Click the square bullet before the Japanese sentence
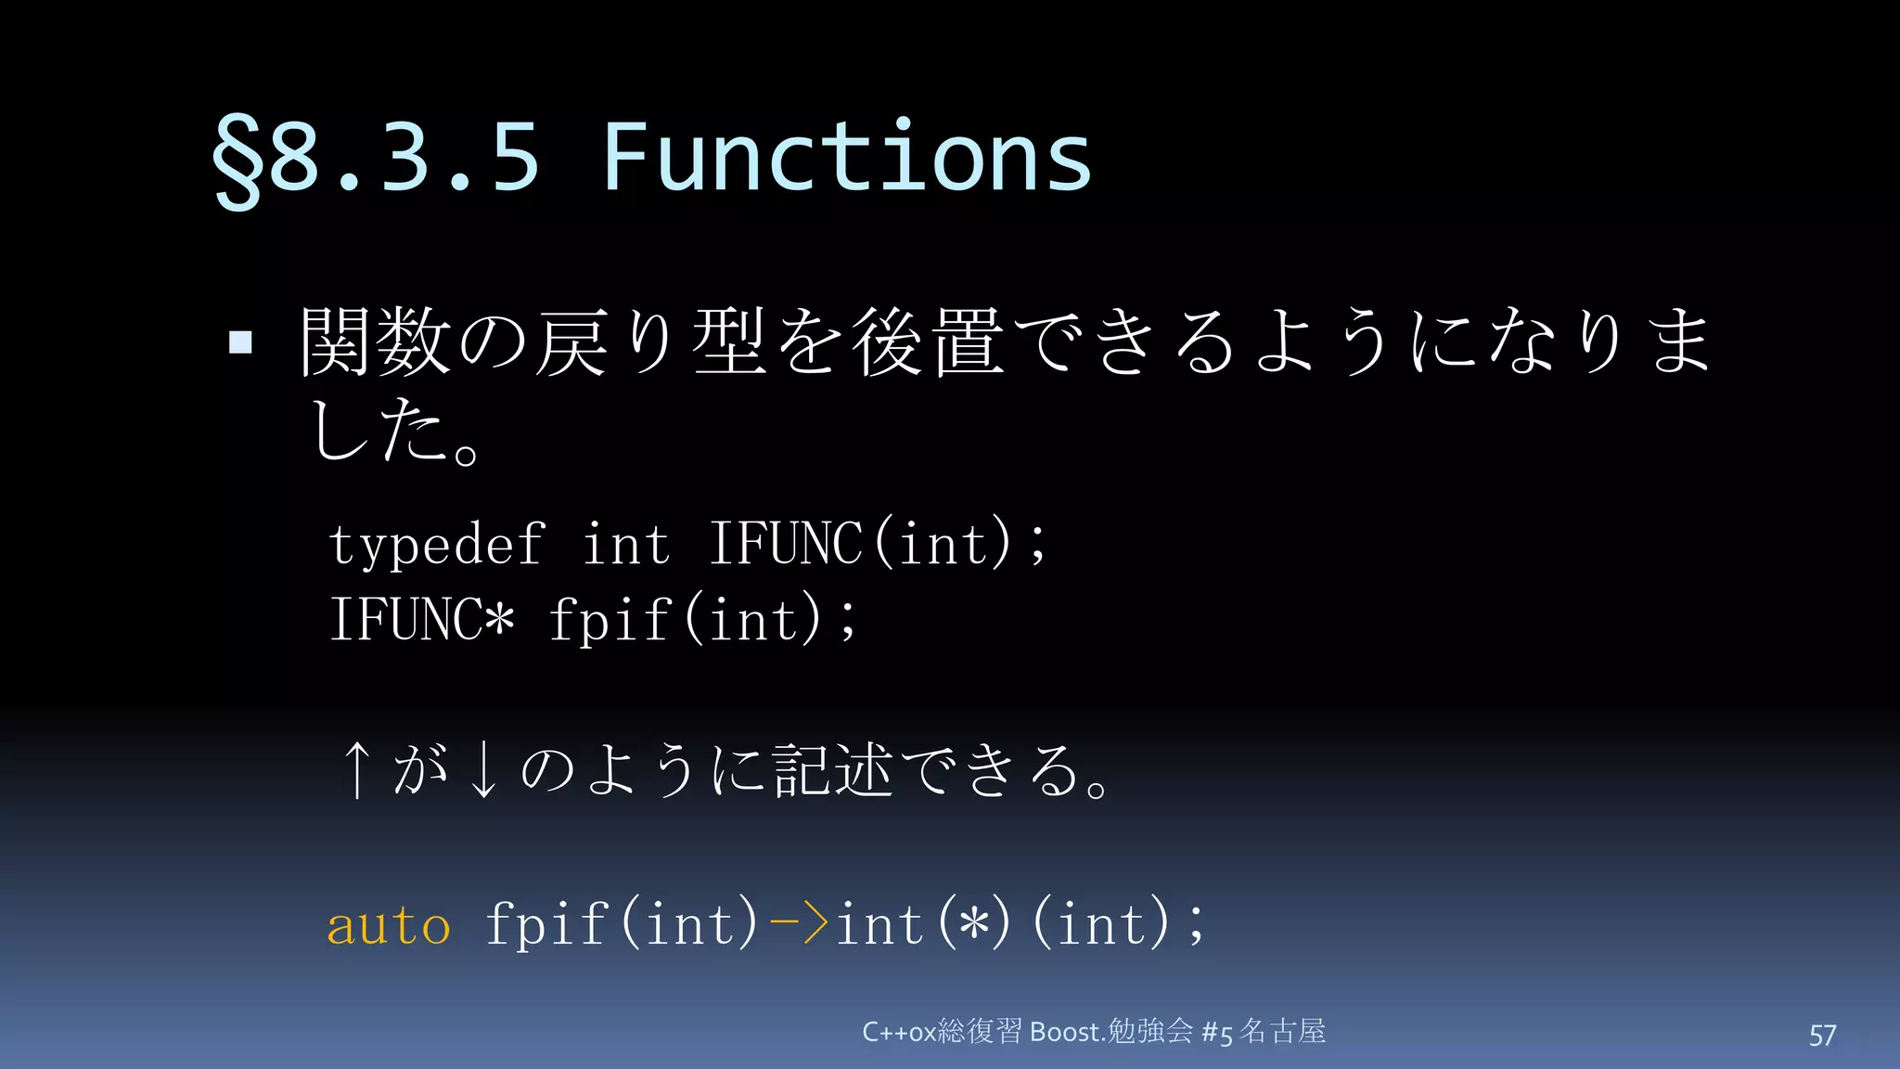[x=240, y=342]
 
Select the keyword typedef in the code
[x=436, y=546]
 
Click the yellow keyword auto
[x=389, y=925]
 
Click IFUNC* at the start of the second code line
[x=422, y=619]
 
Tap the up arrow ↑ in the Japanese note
[x=356, y=770]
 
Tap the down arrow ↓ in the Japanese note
[x=482, y=770]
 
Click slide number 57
[x=1822, y=1035]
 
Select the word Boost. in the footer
[x=1068, y=1032]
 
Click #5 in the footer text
[x=1217, y=1033]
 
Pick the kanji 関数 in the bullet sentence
[x=376, y=342]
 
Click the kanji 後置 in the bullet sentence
[x=928, y=342]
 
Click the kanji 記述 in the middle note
[x=833, y=770]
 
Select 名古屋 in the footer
[x=1283, y=1031]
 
